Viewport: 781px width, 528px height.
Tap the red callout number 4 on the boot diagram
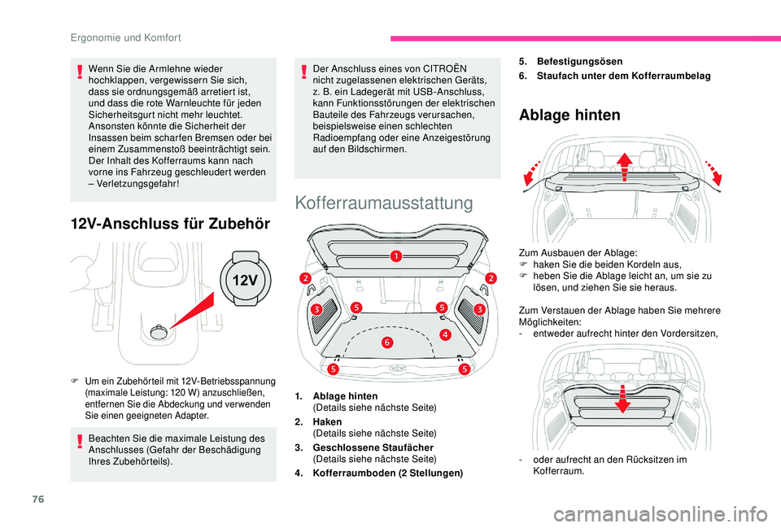pyautogui.click(x=446, y=334)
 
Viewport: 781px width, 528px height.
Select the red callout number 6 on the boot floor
pyautogui.click(x=387, y=343)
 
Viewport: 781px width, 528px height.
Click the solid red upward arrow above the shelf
pyautogui.click(x=625, y=168)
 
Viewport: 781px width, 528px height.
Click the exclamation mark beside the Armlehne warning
pyautogui.click(x=80, y=75)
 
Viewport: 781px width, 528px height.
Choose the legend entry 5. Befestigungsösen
pyautogui.click(x=572, y=61)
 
